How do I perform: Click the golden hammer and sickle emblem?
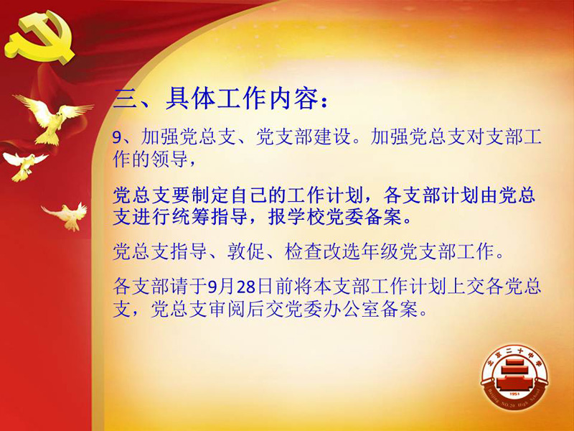point(39,37)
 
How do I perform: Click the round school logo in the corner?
point(514,377)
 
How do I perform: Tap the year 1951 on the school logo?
point(514,394)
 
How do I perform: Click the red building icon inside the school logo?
point(514,375)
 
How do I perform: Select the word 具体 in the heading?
point(192,98)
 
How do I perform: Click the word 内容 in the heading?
point(294,98)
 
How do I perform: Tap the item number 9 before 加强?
point(117,137)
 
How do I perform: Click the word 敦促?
point(245,252)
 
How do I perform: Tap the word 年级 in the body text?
point(380,252)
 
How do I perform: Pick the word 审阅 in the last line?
point(227,310)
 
